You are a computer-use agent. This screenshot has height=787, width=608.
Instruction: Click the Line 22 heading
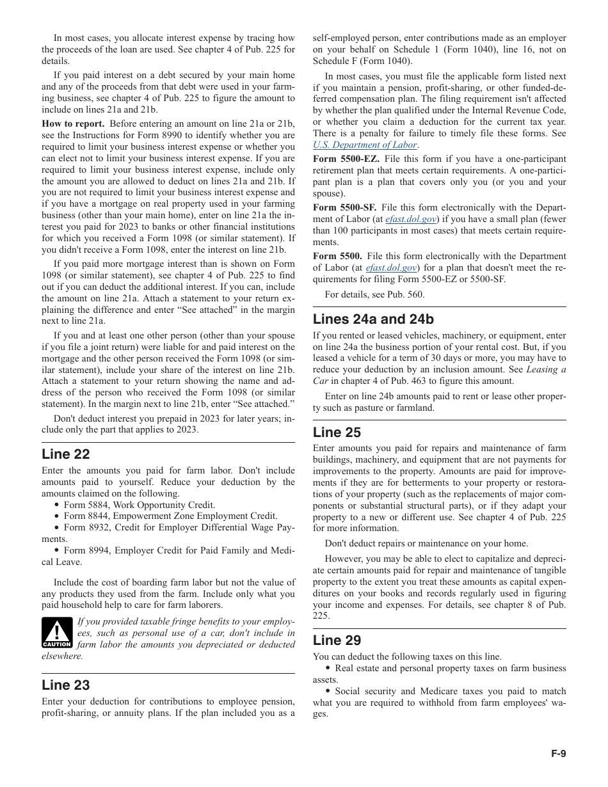[66, 454]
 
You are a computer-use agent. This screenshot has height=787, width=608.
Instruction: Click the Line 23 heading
[66, 685]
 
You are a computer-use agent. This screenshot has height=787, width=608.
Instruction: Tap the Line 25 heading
[337, 433]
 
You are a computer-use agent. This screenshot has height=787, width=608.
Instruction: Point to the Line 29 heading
[337, 640]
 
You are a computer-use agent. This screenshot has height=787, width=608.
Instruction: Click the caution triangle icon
[57, 633]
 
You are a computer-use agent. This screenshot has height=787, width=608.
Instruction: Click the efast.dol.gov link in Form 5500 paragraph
[391, 268]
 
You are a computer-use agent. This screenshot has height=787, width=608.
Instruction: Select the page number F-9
[559, 754]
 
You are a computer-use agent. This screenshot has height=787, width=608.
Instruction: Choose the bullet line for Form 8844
[170, 516]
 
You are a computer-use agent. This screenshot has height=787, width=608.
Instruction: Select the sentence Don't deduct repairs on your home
[426, 544]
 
